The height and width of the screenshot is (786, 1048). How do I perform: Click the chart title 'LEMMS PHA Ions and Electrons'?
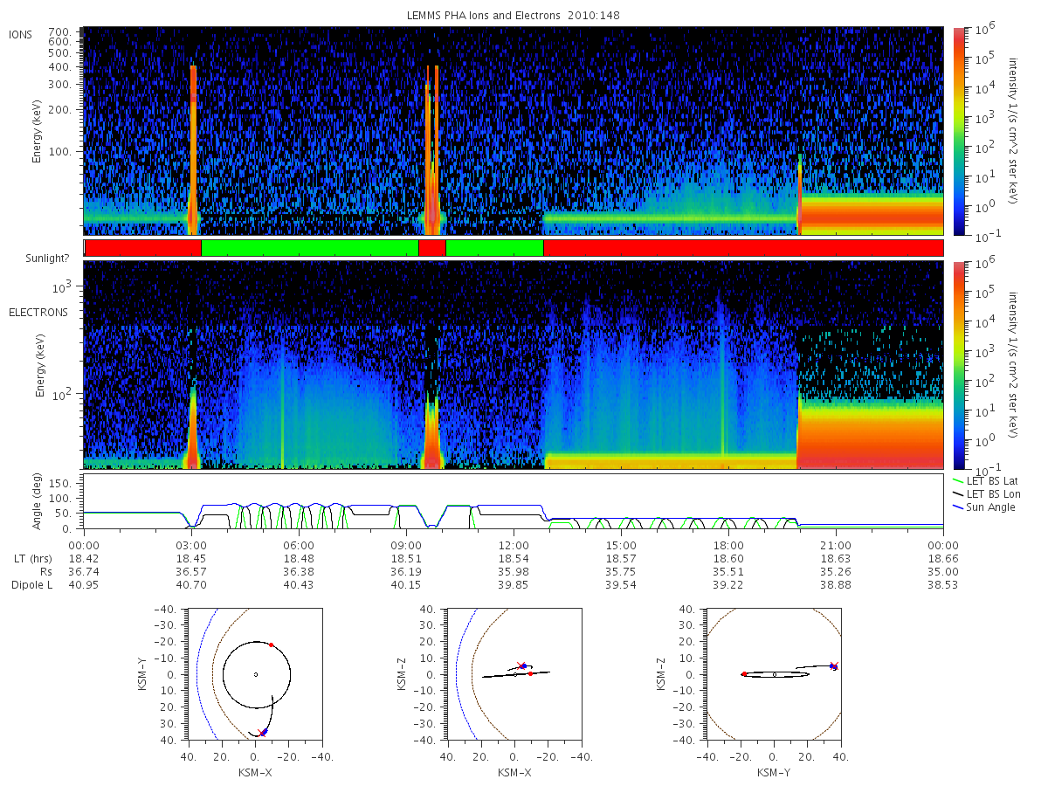[483, 15]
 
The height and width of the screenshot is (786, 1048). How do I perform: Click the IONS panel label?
[20, 35]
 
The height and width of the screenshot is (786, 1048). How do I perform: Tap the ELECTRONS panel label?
[38, 313]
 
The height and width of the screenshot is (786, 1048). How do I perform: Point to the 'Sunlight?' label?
[47, 259]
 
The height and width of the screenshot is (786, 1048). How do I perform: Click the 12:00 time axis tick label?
[514, 546]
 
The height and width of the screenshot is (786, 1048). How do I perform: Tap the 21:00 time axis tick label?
[836, 546]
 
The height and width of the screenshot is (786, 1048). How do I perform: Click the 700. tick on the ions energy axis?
[59, 32]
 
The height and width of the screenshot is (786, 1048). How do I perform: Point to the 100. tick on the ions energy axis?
[59, 152]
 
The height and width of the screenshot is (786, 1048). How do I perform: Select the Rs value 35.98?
[514, 572]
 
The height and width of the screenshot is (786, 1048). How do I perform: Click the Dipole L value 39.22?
[728, 584]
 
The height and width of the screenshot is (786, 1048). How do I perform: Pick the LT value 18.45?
[191, 558]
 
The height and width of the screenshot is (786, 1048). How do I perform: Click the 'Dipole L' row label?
[32, 584]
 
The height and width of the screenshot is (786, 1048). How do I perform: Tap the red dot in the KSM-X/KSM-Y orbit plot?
[272, 645]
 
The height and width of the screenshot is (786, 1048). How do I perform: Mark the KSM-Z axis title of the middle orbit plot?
[401, 674]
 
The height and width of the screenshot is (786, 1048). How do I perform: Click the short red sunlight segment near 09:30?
[432, 248]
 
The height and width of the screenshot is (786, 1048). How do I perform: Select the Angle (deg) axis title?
[37, 501]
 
